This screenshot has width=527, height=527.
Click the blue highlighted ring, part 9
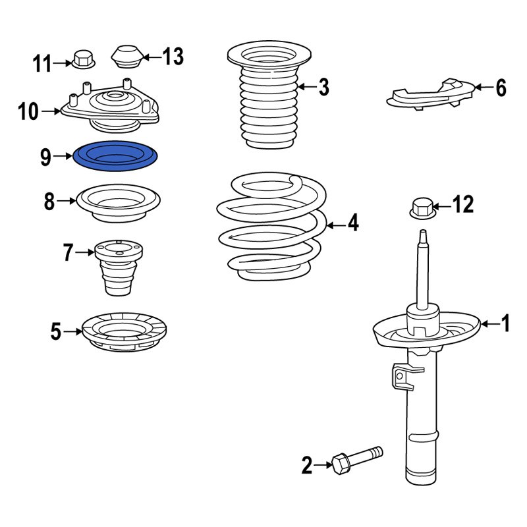click(115, 155)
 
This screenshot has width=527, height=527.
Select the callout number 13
click(173, 56)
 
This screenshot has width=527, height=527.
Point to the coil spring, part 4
click(271, 227)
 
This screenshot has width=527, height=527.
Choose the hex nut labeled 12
click(423, 208)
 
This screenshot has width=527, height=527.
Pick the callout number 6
click(501, 88)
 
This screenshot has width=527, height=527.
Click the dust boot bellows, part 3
click(269, 95)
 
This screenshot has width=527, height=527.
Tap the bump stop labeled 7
click(119, 268)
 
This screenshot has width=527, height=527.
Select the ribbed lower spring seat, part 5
click(124, 332)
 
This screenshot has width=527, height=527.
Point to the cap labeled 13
click(127, 57)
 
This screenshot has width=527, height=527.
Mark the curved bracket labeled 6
click(431, 94)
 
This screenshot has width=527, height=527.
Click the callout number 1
click(505, 323)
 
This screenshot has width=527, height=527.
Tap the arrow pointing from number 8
click(67, 201)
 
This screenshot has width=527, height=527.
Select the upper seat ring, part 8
click(119, 203)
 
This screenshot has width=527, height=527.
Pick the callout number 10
click(28, 111)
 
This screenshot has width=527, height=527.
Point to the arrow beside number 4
click(337, 225)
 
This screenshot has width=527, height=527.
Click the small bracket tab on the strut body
click(403, 376)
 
